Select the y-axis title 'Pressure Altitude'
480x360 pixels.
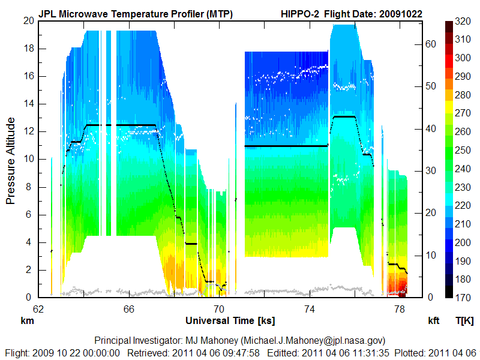11,161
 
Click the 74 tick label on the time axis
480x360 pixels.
310,309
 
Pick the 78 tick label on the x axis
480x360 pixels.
400,309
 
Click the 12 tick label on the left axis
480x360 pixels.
28,131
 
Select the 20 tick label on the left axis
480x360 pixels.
28,20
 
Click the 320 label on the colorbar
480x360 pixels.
463,21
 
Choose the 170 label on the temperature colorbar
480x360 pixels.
463,298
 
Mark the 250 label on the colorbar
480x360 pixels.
463,150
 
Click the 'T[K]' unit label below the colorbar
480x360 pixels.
464,320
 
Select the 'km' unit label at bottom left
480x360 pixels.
27,320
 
